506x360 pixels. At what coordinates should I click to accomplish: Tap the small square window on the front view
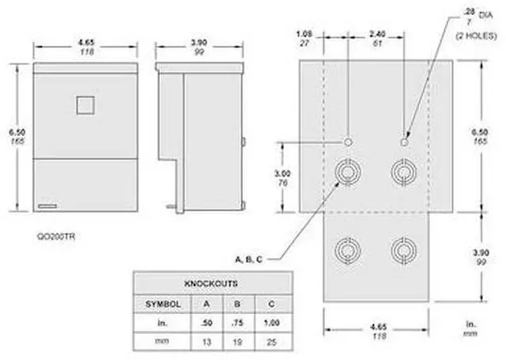pyautogui.click(x=85, y=105)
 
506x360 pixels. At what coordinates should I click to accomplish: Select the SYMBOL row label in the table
pyautogui.click(x=164, y=304)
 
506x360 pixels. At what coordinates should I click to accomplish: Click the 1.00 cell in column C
pyautogui.click(x=272, y=324)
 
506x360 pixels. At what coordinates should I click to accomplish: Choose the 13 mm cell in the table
pyautogui.click(x=207, y=343)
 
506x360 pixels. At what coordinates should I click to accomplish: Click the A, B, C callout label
pyautogui.click(x=250, y=259)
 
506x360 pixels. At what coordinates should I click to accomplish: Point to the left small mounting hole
pyautogui.click(x=348, y=142)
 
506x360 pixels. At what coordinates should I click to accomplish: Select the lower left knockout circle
pyautogui.click(x=346, y=250)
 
